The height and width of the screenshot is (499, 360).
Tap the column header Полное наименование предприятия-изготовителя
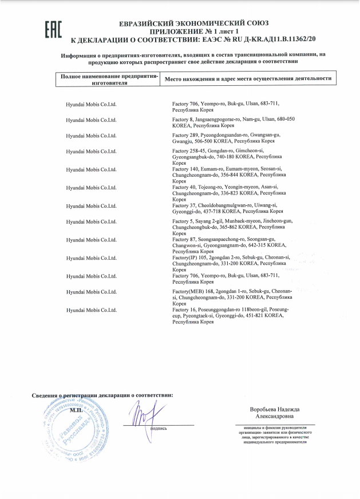tap(108, 80)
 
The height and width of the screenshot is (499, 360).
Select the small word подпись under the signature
tap(158, 428)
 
